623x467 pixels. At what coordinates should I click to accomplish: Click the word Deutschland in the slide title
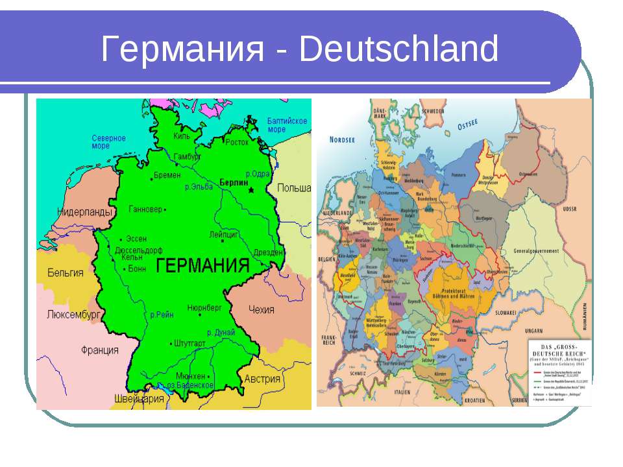click(398, 51)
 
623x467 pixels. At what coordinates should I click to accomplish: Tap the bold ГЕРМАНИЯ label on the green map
click(203, 266)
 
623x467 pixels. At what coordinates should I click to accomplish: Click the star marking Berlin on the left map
click(251, 190)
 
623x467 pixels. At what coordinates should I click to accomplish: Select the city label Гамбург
click(188, 157)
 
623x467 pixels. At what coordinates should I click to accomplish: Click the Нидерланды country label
click(85, 211)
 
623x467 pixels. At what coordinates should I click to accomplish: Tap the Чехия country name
click(262, 309)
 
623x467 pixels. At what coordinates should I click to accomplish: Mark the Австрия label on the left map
click(262, 379)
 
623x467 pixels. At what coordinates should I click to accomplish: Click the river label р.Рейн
click(162, 315)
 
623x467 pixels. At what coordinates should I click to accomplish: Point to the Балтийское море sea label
click(287, 125)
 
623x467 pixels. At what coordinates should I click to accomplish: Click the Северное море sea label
click(108, 142)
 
